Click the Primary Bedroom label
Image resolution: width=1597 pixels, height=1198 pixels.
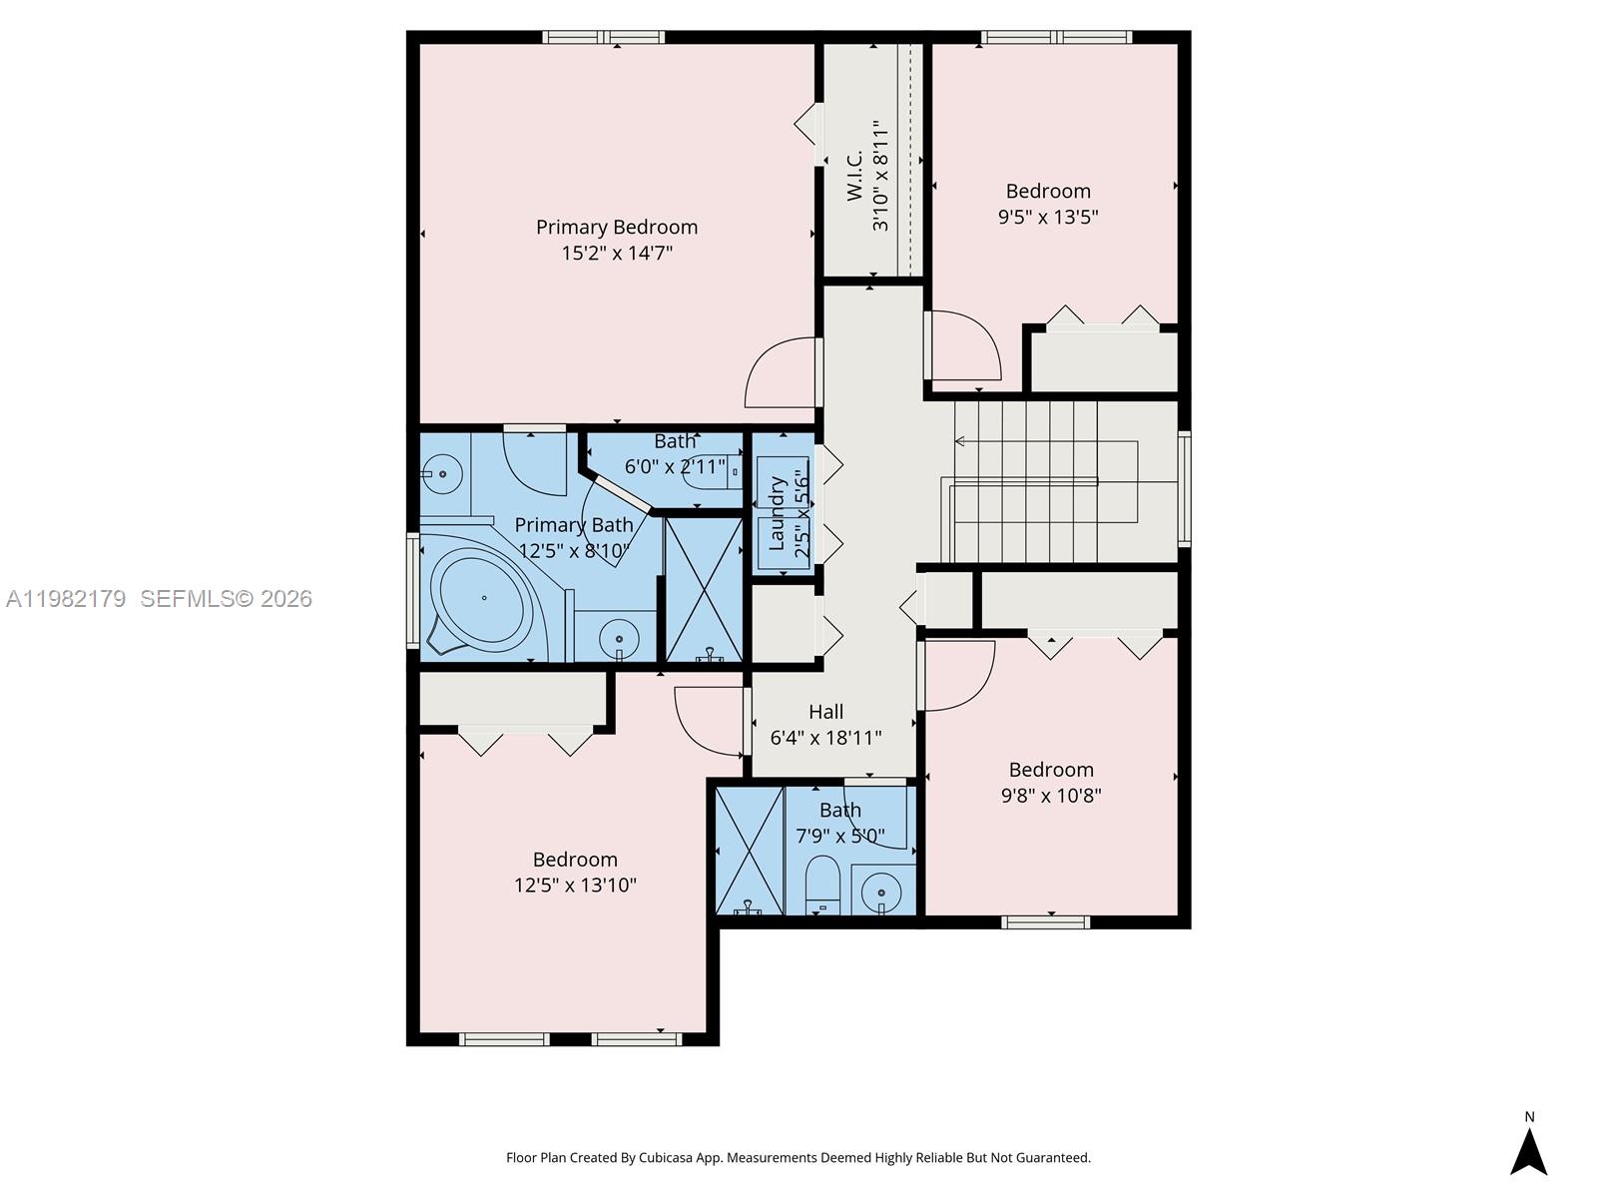tap(616, 228)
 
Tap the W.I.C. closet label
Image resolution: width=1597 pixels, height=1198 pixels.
tap(855, 177)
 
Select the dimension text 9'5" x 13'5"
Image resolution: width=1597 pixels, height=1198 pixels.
tap(1048, 217)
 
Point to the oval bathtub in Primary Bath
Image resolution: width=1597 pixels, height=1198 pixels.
tap(484, 598)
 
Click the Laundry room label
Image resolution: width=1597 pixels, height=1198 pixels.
tap(777, 514)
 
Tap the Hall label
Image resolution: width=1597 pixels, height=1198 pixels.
tap(825, 712)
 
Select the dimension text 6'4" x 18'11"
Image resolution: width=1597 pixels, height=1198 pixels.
tap(825, 739)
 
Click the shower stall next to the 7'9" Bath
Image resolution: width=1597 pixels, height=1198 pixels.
tap(750, 850)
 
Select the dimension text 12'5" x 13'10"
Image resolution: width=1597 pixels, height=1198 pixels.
tap(575, 886)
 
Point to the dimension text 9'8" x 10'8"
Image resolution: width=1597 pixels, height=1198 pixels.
tap(1051, 796)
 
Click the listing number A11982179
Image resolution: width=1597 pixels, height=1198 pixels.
tap(66, 599)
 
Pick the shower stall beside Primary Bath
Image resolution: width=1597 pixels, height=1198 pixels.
tap(704, 589)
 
